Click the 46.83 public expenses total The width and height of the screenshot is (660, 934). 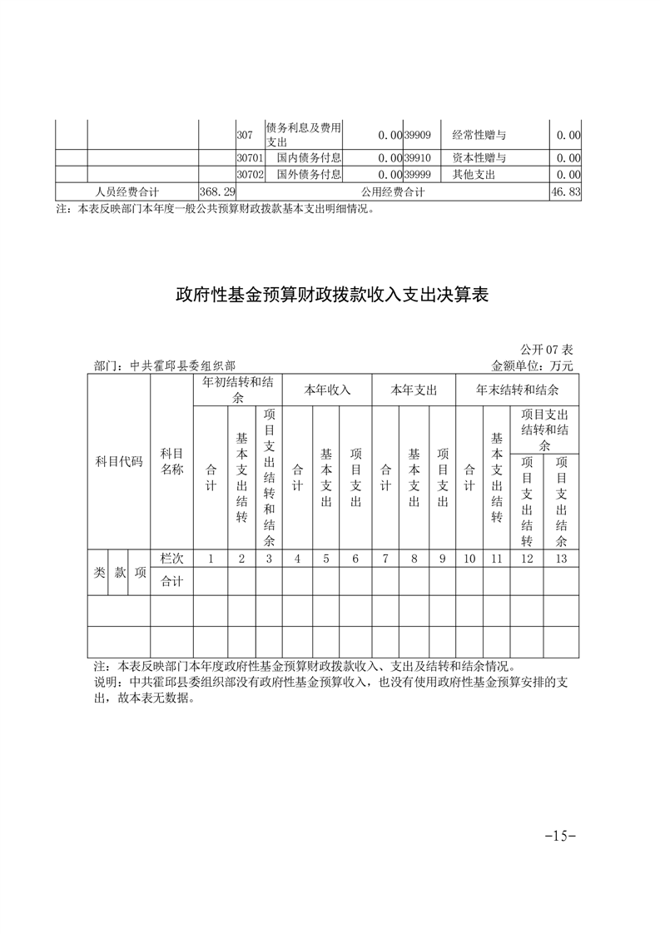click(x=565, y=192)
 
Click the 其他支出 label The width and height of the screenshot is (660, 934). click(x=474, y=174)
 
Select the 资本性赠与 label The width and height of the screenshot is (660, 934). click(x=479, y=157)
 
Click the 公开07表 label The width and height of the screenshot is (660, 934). click(x=547, y=349)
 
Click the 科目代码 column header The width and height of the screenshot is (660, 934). click(x=118, y=461)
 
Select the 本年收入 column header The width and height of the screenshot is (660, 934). click(x=326, y=390)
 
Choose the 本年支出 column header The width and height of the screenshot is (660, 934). click(x=414, y=390)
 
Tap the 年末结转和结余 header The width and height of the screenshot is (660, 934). click(x=517, y=390)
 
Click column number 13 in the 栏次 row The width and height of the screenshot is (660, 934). click(x=561, y=559)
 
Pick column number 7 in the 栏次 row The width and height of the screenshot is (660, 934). click(x=385, y=559)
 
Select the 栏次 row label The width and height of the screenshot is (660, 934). click(x=171, y=559)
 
